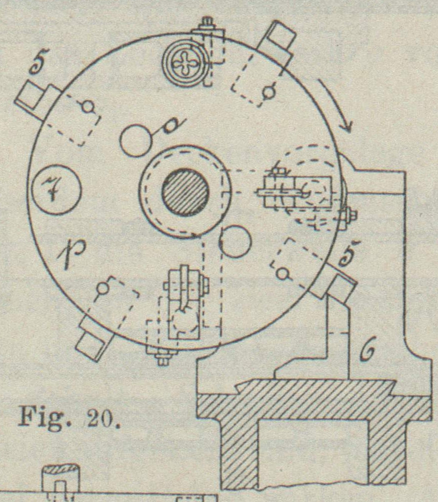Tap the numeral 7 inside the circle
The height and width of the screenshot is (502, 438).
click(55, 189)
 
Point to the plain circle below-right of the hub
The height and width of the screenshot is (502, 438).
click(234, 241)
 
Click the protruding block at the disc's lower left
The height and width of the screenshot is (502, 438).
click(93, 342)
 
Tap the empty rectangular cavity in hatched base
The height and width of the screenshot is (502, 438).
click(312, 451)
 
